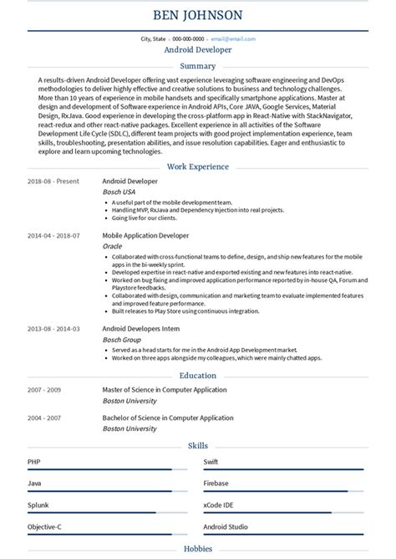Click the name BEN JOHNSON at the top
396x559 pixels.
198,15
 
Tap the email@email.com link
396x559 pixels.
232,38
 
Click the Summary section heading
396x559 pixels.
198,65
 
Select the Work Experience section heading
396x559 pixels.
198,167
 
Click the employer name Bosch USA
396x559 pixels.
118,192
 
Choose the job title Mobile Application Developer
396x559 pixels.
145,236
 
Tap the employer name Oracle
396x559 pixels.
112,247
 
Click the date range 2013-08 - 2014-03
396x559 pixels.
53,329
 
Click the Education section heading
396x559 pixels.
198,376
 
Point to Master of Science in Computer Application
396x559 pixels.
165,390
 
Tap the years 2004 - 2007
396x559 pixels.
45,418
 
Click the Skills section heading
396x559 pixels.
198,446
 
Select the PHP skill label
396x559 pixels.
33,461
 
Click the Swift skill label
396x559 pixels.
211,461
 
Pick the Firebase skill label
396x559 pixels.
216,484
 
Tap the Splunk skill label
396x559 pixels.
37,505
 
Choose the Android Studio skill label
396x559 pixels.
226,528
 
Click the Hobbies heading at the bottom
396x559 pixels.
198,549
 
